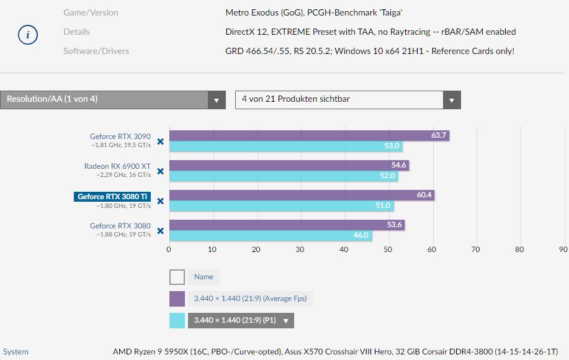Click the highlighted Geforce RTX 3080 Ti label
(x=112, y=197)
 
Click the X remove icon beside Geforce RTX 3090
(x=160, y=142)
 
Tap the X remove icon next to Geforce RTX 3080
(x=160, y=231)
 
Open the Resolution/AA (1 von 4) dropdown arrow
(x=217, y=100)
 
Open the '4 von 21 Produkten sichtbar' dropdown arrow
(x=452, y=100)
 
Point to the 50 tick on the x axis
(x=388, y=250)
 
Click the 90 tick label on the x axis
(x=563, y=250)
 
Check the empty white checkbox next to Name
(x=177, y=277)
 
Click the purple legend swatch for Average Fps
(x=177, y=299)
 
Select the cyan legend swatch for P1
(x=177, y=320)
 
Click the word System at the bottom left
(x=16, y=352)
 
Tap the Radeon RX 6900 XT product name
(x=117, y=166)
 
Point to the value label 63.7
(x=439, y=135)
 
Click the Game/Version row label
(x=91, y=12)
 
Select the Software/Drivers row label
(x=96, y=51)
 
